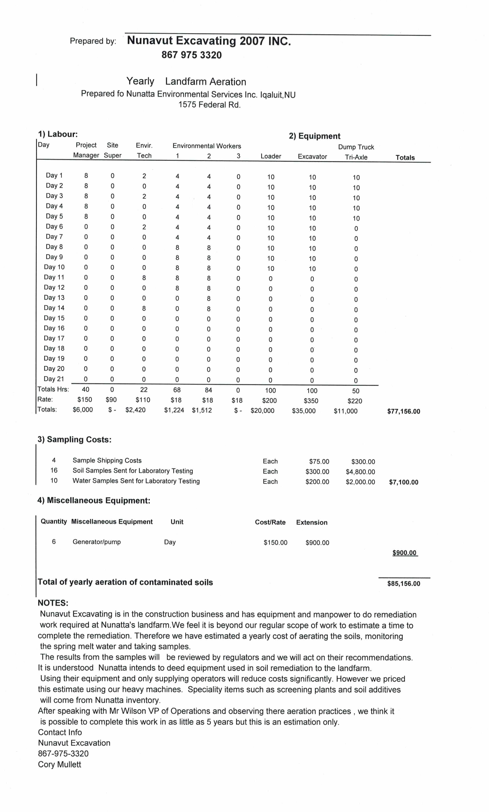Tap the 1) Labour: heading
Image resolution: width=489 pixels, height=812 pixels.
[x=58, y=134]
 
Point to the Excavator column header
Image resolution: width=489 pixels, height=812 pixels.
[x=312, y=157]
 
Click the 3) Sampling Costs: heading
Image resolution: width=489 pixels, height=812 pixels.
[x=75, y=439]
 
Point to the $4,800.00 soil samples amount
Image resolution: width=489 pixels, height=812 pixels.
[x=360, y=472]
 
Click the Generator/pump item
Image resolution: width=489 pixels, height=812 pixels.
[x=97, y=542]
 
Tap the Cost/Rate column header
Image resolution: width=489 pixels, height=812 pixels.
[x=270, y=522]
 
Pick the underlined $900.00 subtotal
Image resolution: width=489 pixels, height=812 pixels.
[x=404, y=553]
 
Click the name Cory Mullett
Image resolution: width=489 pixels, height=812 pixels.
[x=59, y=764]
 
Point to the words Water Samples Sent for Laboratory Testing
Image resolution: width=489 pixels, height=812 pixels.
[x=136, y=481]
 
